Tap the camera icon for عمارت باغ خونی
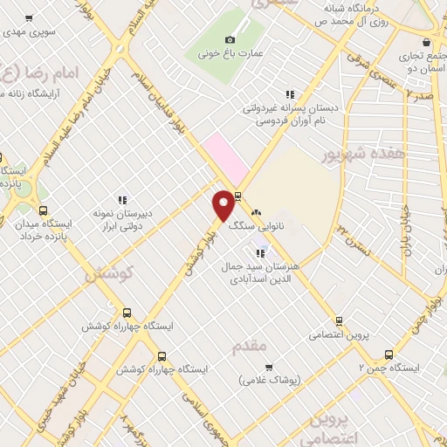pyautogui.click(x=230, y=39)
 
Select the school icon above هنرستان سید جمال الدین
pyautogui.click(x=260, y=253)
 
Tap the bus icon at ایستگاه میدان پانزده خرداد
pyautogui.click(x=43, y=210)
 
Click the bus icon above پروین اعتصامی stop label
pyautogui.click(x=340, y=320)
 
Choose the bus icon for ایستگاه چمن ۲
pyautogui.click(x=389, y=354)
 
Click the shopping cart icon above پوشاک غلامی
pyautogui.click(x=268, y=367)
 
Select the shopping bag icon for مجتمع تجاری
pyautogui.click(x=426, y=43)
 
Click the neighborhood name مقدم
pyautogui.click(x=249, y=347)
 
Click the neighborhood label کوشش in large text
pyautogui.click(x=108, y=273)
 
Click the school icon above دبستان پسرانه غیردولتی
pyautogui.click(x=290, y=94)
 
